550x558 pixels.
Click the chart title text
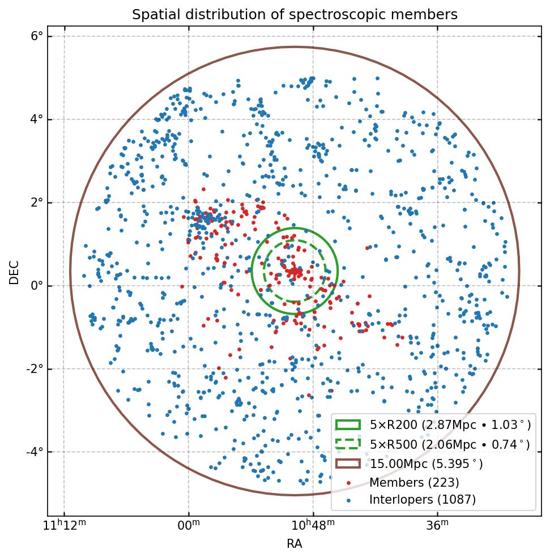pos(295,15)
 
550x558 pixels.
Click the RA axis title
pos(295,544)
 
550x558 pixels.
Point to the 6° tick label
pos(37,37)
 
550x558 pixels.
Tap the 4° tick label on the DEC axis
pos(37,119)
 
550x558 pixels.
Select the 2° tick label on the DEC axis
pos(37,203)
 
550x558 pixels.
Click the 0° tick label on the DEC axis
pos(37,286)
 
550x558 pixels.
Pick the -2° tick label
pos(35,369)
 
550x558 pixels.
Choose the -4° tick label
pos(35,452)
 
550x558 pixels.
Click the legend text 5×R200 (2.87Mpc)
pos(450,425)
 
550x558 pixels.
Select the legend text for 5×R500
pos(450,444)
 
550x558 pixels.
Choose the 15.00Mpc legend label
pos(426,464)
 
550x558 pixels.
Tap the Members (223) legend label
pos(414,483)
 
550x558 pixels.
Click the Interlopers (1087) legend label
pos(422,500)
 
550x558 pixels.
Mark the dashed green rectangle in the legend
pos(348,444)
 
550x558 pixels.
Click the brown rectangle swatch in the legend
pos(348,463)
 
